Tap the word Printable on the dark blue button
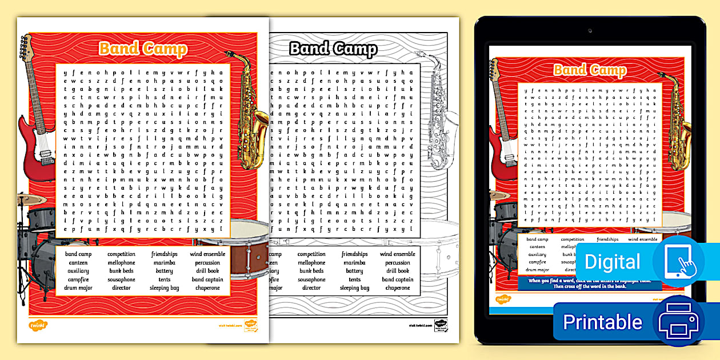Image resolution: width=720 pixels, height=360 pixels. (602, 322)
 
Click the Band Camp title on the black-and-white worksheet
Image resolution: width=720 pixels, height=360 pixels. (333, 49)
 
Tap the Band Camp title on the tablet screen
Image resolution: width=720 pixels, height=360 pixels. (590, 70)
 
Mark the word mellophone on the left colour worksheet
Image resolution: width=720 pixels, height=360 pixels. (121, 263)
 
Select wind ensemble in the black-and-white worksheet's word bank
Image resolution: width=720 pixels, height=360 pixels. (398, 254)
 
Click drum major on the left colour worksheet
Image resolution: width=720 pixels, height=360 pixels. (78, 288)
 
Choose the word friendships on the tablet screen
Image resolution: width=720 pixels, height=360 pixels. (607, 239)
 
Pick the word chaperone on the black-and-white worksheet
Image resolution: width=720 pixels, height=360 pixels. (398, 288)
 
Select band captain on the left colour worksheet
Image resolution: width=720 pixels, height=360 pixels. (207, 279)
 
